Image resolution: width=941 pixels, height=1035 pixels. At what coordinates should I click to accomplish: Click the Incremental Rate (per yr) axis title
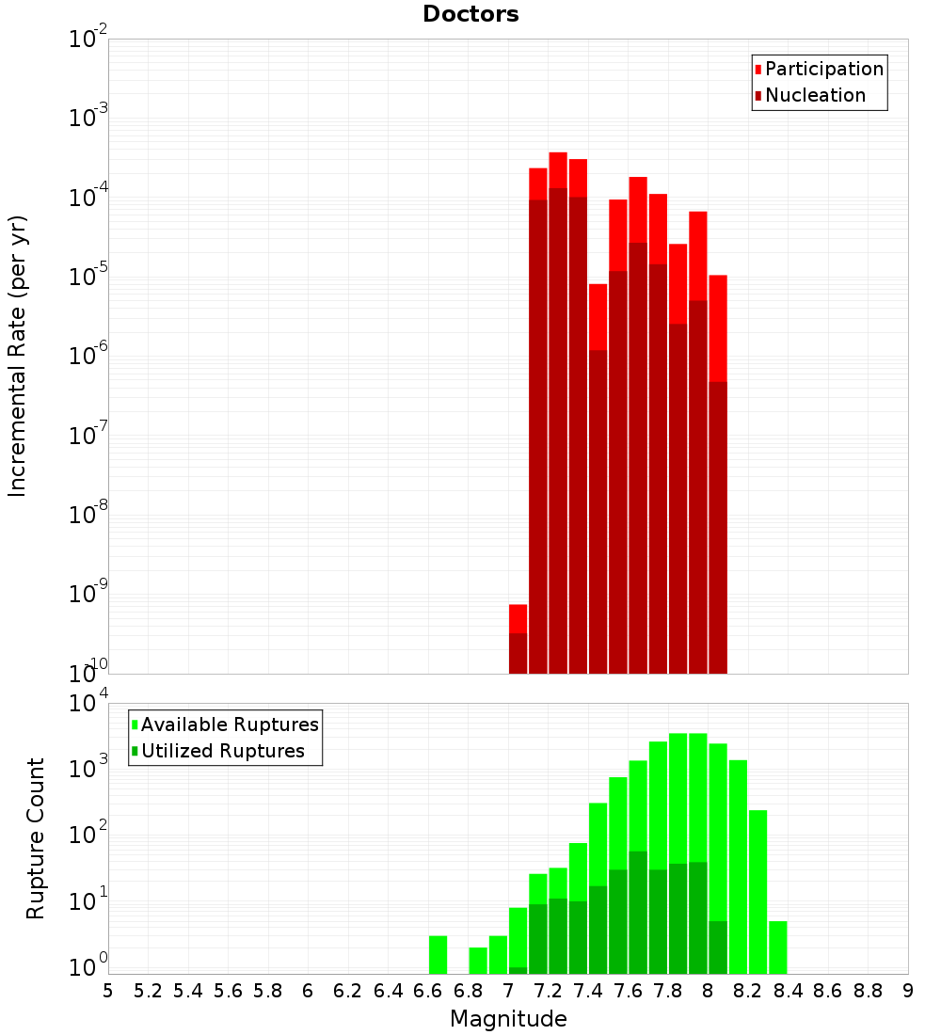(x=18, y=356)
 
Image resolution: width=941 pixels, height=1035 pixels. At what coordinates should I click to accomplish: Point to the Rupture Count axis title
(x=36, y=838)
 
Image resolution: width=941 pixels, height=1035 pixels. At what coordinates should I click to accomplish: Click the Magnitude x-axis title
(x=508, y=1019)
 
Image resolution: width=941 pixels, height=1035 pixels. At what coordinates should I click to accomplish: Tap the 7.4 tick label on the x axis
(x=588, y=991)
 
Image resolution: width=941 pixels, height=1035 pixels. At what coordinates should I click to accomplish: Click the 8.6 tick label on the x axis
(x=828, y=991)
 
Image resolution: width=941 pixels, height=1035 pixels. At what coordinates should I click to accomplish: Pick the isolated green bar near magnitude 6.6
(x=438, y=954)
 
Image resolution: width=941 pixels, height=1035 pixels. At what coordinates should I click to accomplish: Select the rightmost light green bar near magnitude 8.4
(x=777, y=947)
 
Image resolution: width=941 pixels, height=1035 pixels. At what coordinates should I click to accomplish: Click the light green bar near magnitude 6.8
(x=478, y=960)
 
